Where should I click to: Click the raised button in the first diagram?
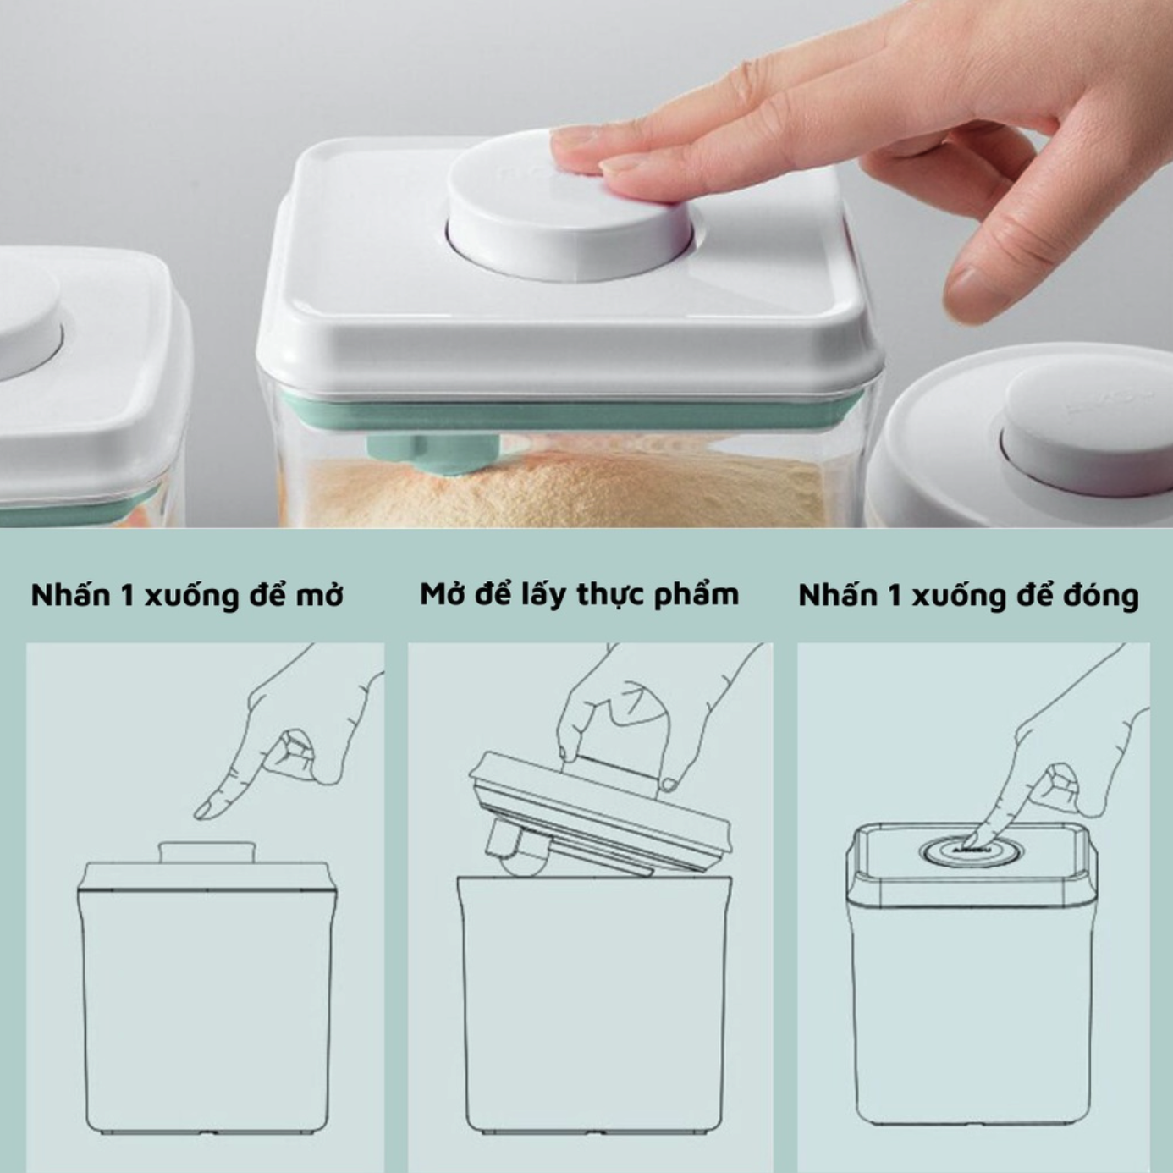coord(207,852)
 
